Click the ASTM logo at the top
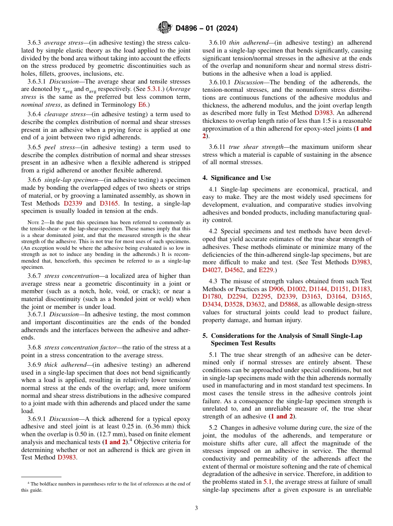coord(165,28)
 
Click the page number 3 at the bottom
coord(196,508)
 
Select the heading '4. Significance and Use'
coord(237,178)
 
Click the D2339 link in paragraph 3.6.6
coord(73,203)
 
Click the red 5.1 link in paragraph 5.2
coord(268,481)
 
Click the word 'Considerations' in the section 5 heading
coord(235,336)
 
